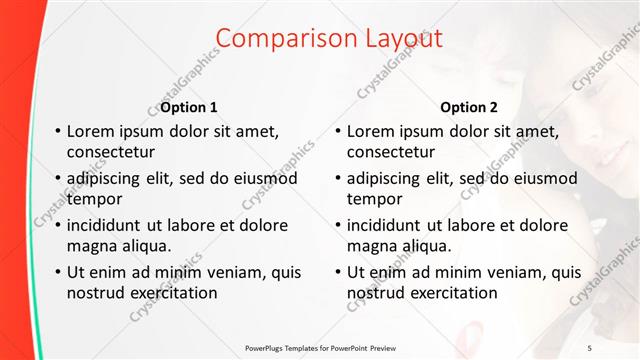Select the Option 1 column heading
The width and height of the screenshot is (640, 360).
point(189,107)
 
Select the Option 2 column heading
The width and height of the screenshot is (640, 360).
point(468,107)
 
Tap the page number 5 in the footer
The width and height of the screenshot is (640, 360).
point(618,347)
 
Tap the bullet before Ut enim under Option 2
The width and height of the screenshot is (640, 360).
point(338,271)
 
